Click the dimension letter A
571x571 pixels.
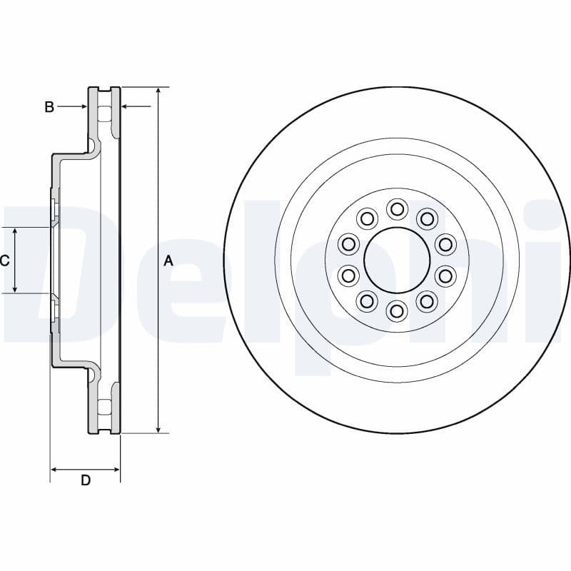[168, 261]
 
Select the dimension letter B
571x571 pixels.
[49, 107]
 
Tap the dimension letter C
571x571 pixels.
[4, 261]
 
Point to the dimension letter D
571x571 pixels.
[86, 480]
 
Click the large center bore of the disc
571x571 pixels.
[397, 261]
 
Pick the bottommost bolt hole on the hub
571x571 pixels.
[397, 311]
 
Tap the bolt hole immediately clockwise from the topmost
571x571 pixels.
[427, 219]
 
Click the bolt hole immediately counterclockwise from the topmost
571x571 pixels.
[367, 219]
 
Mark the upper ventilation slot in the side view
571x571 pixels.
[104, 114]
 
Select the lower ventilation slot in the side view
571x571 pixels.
[104, 408]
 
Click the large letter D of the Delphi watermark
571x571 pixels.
[43, 271]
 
